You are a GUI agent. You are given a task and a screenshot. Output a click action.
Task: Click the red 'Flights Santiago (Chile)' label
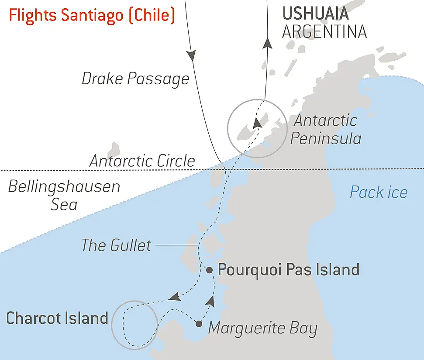92,16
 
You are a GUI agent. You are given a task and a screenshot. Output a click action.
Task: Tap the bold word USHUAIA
315,14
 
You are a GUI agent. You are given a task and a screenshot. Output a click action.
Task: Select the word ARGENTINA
324,32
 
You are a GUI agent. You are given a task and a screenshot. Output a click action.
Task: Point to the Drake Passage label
135,79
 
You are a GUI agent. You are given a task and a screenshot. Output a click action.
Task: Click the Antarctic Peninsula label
325,130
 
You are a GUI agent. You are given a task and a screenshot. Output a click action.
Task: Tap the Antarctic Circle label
142,161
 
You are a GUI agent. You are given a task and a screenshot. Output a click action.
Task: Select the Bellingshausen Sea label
64,195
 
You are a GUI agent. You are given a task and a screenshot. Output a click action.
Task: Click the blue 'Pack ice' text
379,192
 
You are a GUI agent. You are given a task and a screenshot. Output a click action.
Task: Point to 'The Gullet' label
116,245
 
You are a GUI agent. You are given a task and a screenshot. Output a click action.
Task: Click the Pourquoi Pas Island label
288,270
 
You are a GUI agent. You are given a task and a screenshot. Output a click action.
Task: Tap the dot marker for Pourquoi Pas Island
209,270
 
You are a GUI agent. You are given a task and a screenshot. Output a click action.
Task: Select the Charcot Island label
57,318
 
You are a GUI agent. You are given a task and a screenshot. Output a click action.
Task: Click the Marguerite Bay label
262,328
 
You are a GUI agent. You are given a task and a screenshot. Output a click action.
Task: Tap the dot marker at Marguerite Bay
199,324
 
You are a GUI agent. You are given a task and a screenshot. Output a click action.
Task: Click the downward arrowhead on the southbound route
190,56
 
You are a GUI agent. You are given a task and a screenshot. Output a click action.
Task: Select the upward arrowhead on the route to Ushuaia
268,43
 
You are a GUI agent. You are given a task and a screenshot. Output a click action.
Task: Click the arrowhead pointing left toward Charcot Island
175,297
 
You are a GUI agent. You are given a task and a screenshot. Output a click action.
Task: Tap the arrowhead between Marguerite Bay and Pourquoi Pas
211,301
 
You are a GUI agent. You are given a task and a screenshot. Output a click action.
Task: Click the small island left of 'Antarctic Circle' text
114,148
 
